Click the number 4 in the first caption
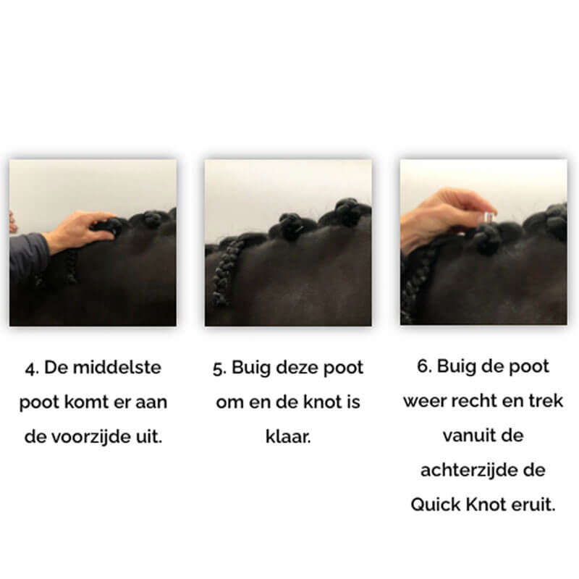32,368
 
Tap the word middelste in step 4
117,368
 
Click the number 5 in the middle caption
219,368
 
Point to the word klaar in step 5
287,437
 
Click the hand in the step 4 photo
80,231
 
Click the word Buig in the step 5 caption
250,368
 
